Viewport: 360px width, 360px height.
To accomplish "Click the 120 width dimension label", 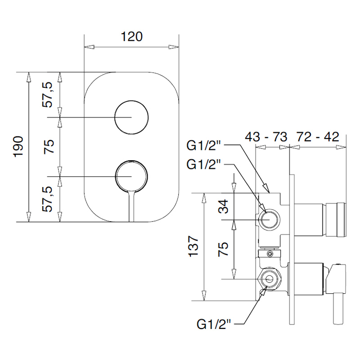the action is coord(131,37).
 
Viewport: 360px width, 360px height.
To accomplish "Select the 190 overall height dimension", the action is coord(19,147).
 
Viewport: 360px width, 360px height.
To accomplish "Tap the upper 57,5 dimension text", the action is coord(48,95).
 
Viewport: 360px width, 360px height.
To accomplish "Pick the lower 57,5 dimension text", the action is coord(48,199).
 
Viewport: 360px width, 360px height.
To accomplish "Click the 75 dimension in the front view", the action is coord(49,147).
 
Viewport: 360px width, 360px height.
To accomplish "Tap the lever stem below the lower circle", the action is coord(131,206).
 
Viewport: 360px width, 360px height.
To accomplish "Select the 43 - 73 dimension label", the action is coord(266,137).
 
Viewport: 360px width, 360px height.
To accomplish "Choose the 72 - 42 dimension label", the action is coord(318,137).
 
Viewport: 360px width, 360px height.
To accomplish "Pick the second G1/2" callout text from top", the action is coord(203,164).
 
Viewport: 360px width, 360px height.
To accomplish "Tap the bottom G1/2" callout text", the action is coord(213,324).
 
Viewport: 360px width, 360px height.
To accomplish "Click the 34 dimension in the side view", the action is coord(223,207).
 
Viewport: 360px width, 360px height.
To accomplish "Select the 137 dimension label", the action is coord(193,246).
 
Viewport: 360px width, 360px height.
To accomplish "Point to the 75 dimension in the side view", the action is coord(223,249).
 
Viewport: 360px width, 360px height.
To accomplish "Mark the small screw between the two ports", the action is coord(270,253).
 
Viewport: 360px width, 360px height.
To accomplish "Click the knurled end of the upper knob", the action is coord(342,220).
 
